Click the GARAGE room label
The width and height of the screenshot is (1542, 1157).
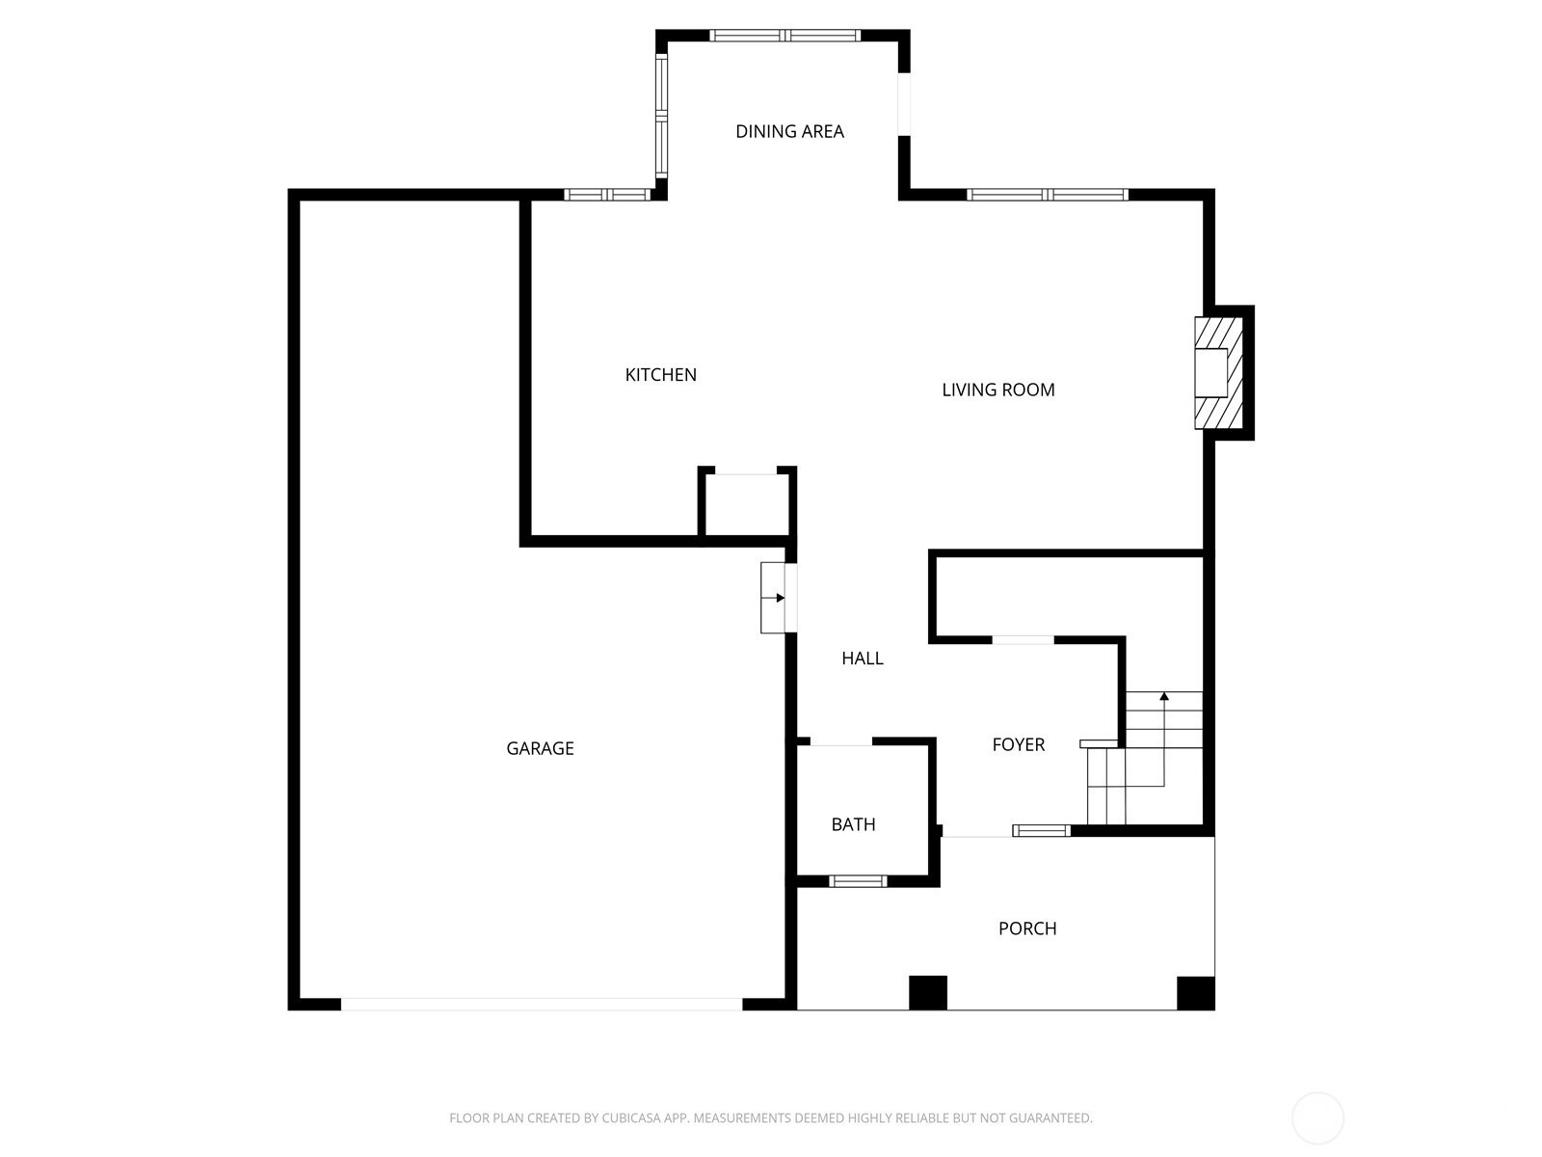pos(540,748)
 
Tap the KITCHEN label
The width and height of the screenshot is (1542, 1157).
pos(660,374)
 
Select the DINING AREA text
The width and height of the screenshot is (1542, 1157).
pos(789,131)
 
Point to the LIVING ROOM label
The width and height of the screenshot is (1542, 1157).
pos(997,390)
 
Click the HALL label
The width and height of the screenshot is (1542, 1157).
pos(862,659)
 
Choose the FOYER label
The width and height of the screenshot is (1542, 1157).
pos(1018,744)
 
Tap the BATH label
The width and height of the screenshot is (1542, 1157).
pos(853,824)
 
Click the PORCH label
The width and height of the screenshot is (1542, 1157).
pos(1027,928)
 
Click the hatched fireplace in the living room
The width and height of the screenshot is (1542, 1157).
pos(1219,372)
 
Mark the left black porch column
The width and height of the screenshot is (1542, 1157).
pos(928,993)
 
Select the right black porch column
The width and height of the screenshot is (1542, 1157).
pos(1196,993)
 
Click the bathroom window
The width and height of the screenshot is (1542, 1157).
pos(858,881)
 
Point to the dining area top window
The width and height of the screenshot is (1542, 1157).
pos(784,36)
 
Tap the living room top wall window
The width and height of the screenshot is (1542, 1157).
pos(1048,195)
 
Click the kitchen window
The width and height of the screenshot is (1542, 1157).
pos(608,195)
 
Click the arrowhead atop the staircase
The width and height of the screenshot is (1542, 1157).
pos(1164,696)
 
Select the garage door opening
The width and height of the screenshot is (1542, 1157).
pos(542,1005)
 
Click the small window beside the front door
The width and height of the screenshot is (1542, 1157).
pos(1041,831)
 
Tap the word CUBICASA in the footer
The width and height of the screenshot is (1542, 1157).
pos(629,1118)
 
